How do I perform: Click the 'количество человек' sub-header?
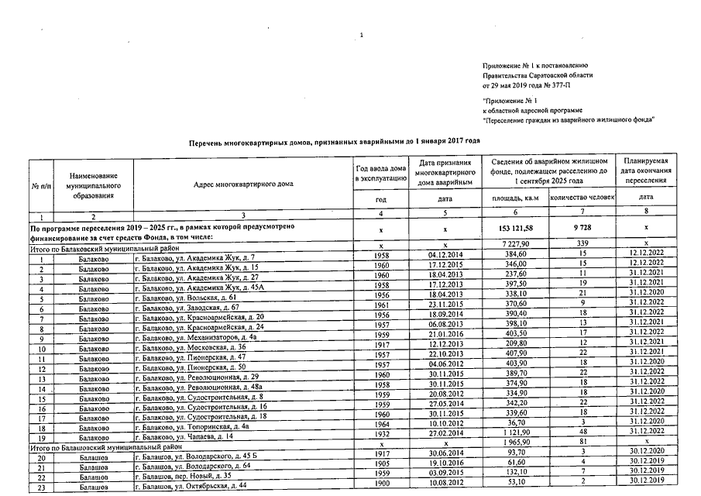[582, 198]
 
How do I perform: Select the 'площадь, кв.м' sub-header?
[515, 198]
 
